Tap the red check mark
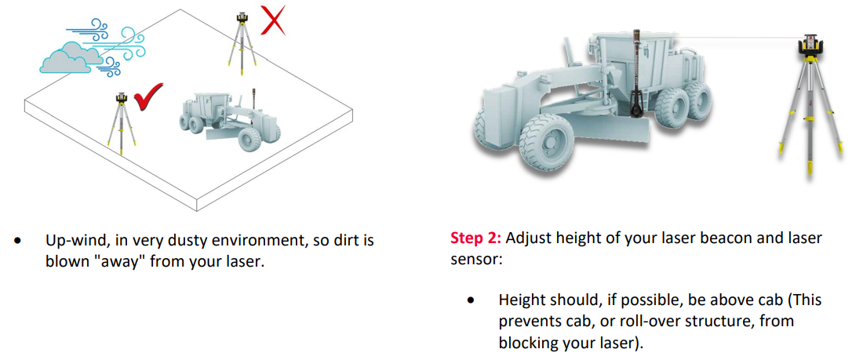[x=148, y=96]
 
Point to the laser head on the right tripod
[x=809, y=49]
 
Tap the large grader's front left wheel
[x=547, y=142]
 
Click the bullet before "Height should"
[x=471, y=300]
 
